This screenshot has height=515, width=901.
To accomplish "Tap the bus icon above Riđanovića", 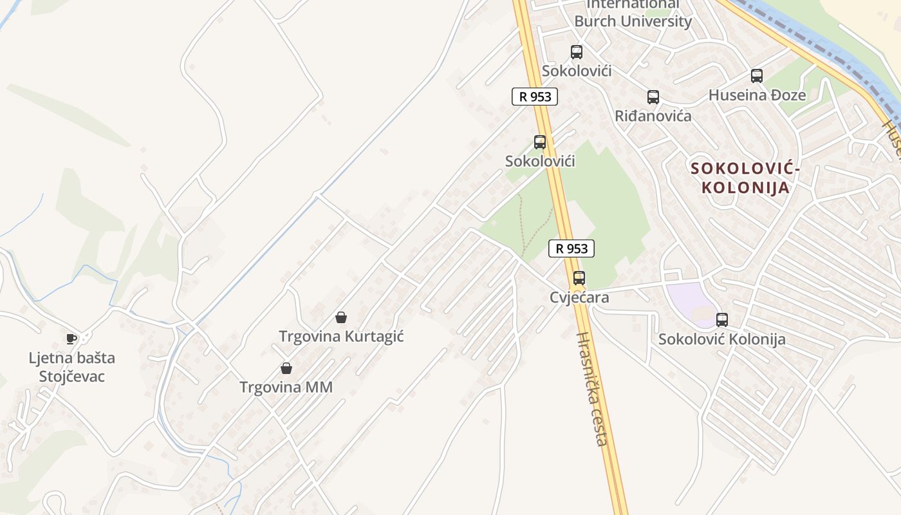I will click(653, 97).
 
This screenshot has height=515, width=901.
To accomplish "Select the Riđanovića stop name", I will click(653, 116).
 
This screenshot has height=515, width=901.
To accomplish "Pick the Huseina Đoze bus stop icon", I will click(757, 76).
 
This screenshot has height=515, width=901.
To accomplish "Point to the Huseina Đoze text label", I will click(757, 95).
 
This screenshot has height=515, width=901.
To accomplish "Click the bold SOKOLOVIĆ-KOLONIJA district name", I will click(745, 178).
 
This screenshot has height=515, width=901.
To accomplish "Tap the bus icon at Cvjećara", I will click(579, 278).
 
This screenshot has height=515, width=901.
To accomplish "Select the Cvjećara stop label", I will click(579, 297).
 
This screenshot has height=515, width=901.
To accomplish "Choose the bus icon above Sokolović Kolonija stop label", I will click(722, 320).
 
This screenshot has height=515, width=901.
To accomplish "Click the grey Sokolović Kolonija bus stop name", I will click(721, 339).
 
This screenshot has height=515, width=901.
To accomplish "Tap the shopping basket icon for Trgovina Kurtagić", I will click(341, 317).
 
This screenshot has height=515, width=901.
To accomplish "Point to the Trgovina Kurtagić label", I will click(341, 336).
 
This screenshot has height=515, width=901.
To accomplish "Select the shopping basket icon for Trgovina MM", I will click(286, 368).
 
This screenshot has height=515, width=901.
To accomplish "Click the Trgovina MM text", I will click(286, 387).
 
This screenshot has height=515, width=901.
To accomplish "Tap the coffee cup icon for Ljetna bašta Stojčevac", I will click(71, 339).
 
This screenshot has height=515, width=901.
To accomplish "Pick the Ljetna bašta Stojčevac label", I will click(71, 367).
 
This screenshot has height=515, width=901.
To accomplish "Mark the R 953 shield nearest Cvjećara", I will click(571, 248).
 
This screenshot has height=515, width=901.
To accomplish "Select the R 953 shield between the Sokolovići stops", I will click(534, 97).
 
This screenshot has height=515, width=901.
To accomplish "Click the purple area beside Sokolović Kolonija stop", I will click(689, 299).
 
